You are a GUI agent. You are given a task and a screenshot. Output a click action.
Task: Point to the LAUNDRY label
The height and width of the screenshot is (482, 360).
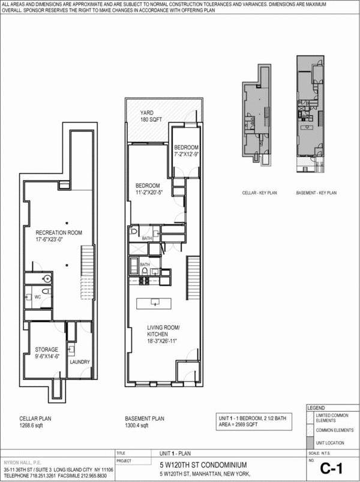79,363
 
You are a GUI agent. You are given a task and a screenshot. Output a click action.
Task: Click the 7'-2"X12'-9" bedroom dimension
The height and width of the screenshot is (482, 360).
186,155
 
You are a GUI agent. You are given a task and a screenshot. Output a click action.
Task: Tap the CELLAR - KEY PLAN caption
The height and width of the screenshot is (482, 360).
258,193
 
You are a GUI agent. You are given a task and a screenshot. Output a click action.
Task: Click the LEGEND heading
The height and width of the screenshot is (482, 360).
316,408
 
